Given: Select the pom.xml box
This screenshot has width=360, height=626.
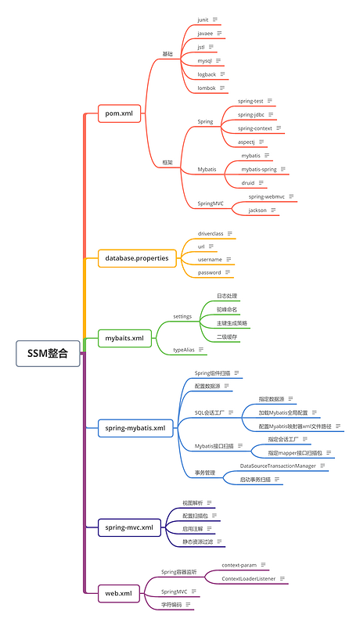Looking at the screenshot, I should [x=119, y=113].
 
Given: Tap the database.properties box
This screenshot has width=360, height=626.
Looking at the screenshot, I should [x=137, y=257].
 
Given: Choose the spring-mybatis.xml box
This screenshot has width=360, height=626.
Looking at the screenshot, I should [x=135, y=428].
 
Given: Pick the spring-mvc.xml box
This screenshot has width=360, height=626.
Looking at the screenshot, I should [x=129, y=527].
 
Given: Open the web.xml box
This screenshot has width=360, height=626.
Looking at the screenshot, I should [x=119, y=593].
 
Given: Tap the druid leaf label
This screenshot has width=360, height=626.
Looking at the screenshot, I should [x=248, y=182].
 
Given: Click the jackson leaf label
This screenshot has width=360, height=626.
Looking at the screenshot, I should [x=258, y=210].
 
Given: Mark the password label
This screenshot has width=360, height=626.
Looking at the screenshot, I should [x=209, y=272].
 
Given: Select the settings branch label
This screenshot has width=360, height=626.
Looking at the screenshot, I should [x=182, y=316].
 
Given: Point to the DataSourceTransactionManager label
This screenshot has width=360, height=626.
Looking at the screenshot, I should [x=278, y=466].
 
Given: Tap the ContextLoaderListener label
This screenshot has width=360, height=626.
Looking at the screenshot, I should [x=247, y=578].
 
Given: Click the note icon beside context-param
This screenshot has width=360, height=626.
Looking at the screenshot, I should [x=264, y=564].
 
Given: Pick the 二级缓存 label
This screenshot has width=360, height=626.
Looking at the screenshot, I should [x=227, y=336].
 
